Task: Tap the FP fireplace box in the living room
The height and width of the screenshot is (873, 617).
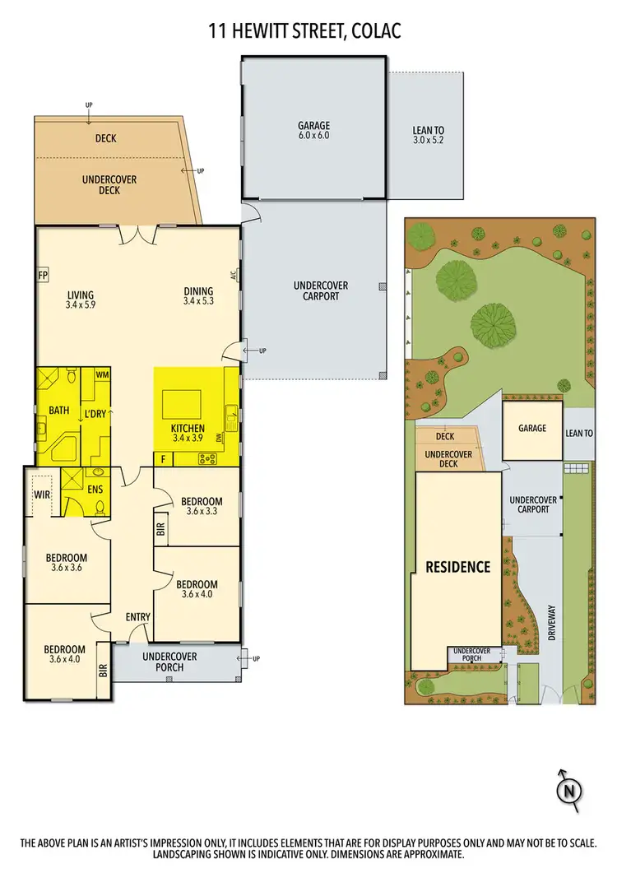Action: [42, 275]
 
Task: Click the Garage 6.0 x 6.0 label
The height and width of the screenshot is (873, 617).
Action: [313, 131]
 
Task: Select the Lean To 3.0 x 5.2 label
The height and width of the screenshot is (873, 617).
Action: [429, 135]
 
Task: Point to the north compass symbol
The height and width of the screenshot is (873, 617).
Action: [568, 789]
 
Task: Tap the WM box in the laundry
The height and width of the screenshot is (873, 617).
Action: [102, 375]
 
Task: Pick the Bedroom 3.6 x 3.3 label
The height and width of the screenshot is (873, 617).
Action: [202, 506]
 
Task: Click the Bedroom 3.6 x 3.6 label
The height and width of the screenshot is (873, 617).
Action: [67, 563]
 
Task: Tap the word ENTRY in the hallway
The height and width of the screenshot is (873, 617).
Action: [137, 617]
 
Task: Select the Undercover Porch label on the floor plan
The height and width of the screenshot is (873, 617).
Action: [174, 662]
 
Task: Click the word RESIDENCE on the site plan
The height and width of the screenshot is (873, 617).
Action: [457, 567]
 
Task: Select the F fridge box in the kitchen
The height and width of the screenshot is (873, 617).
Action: [164, 458]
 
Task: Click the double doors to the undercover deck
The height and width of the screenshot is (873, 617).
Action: [137, 235]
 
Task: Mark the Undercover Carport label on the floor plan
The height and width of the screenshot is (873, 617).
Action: [320, 290]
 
